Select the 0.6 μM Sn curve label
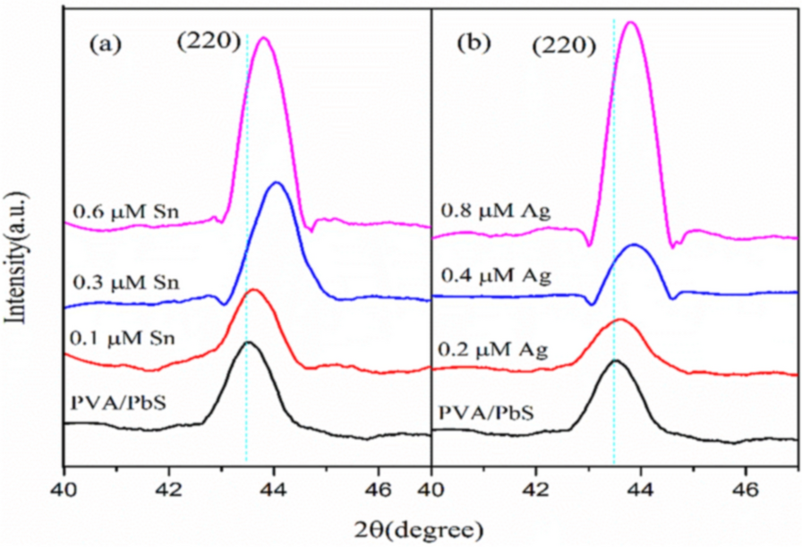pos(127,213)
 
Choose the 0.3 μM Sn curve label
pos(127,284)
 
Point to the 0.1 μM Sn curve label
pos(127,338)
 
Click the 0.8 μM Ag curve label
pos(494,213)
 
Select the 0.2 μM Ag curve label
pos(494,348)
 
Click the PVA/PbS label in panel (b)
pos(486,413)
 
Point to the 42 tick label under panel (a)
pos(168,490)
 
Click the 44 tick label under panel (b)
pos(640,490)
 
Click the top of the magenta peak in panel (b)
pos(631,21)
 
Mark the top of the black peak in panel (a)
pos(248,342)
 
